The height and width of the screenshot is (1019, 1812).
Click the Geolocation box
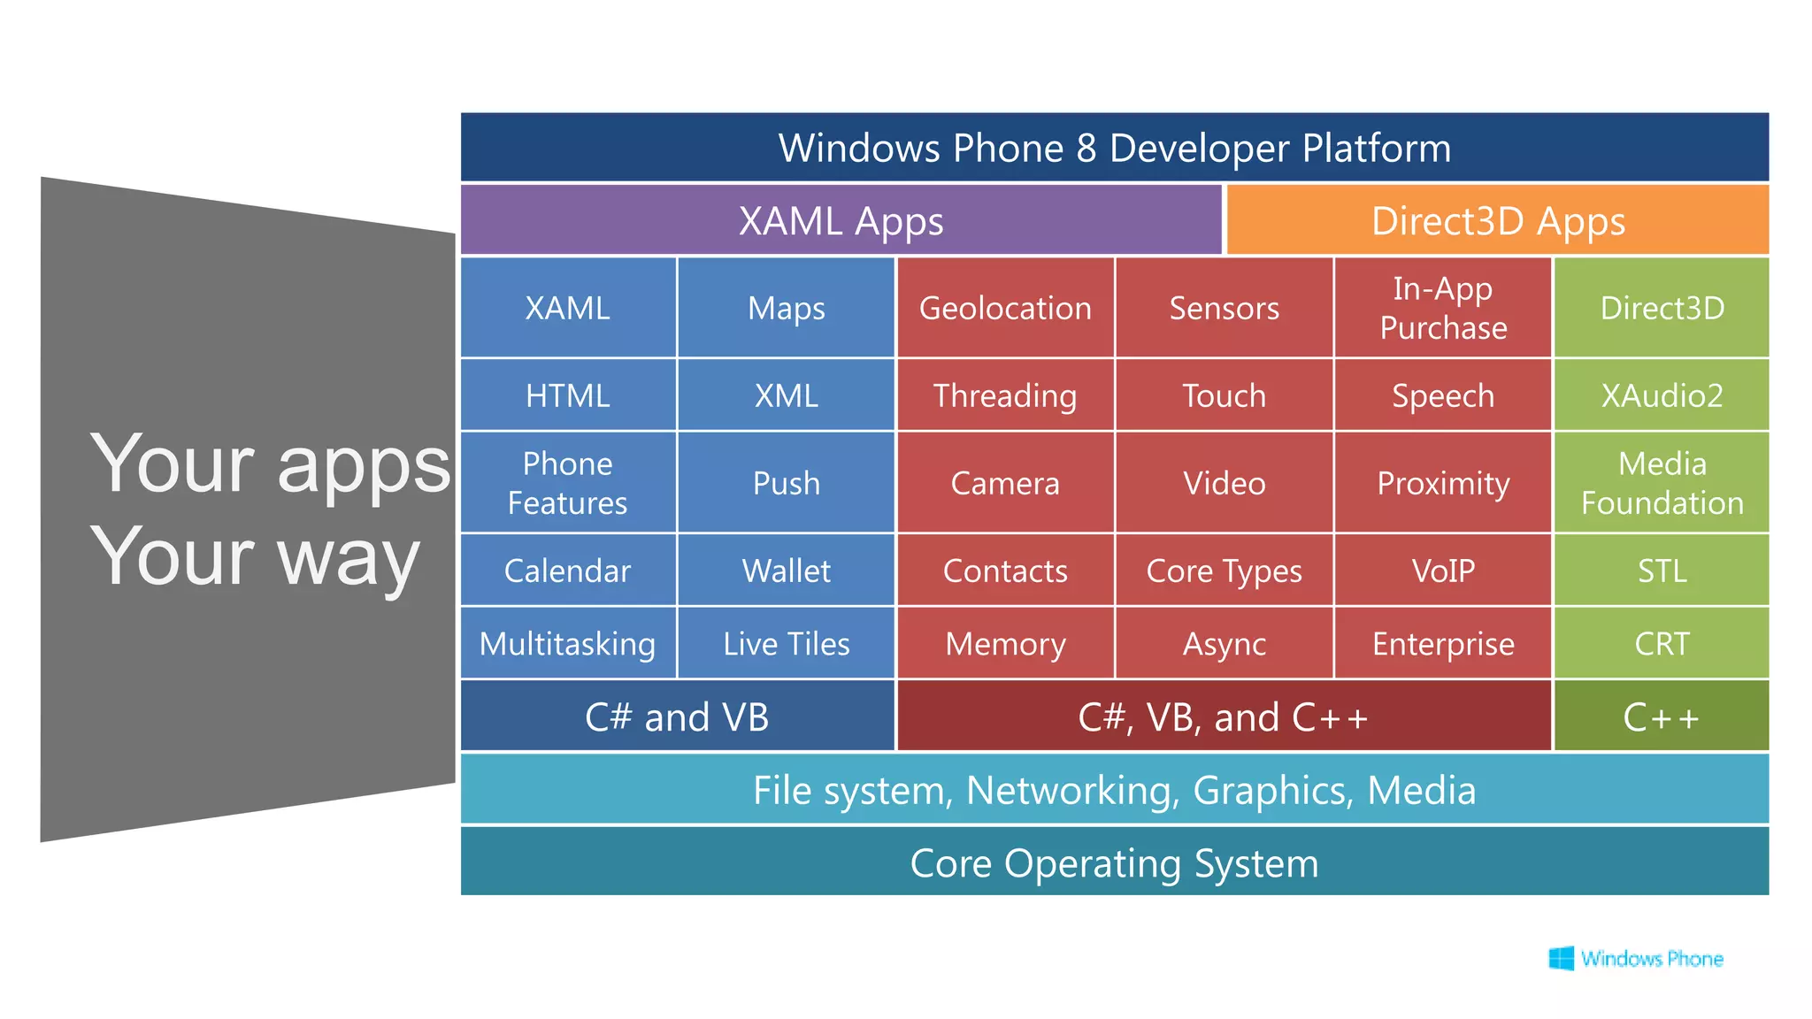pos(1005,308)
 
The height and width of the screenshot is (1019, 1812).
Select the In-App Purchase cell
pos(1443,308)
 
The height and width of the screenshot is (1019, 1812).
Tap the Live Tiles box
pos(786,643)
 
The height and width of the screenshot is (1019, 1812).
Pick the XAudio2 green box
pos(1662,395)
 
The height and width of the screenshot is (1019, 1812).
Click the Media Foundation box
pos(1662,483)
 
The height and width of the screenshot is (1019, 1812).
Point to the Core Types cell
pos(1224,571)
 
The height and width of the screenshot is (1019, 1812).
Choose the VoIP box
pos(1443,571)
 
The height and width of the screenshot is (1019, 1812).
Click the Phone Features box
pos(567,483)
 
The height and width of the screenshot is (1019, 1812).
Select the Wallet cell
pos(786,571)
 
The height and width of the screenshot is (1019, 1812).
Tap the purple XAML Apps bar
pos(841,220)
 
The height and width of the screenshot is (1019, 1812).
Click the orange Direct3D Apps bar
pos(1498,220)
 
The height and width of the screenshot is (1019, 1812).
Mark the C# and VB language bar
pos(677,716)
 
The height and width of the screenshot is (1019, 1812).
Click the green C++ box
pos(1662,716)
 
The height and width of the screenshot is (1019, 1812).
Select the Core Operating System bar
pos(1114,862)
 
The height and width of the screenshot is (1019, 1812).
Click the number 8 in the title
pos(1086,149)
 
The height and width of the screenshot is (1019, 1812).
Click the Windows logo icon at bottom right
pos(1562,958)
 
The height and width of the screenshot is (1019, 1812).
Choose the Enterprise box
pos(1443,643)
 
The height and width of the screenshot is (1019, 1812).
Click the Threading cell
pos(1005,395)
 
